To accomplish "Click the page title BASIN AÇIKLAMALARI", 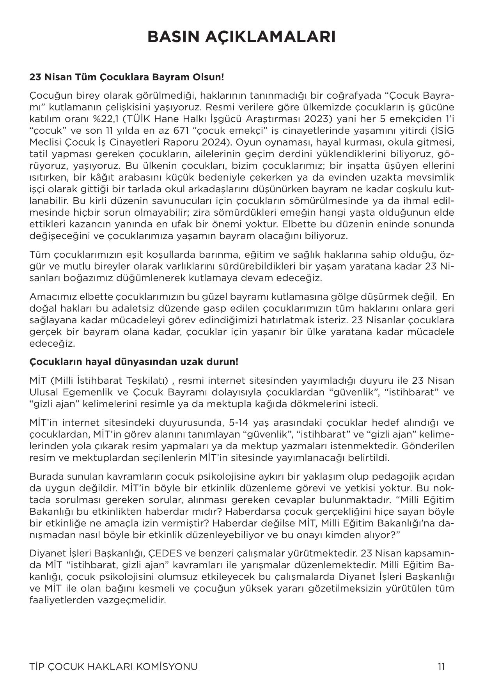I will coord(241,37).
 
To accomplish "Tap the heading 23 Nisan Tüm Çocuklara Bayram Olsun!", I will coord(127,77).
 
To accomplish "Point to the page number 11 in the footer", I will coord(441,666).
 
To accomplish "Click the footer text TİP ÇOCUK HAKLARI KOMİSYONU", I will coord(113,666).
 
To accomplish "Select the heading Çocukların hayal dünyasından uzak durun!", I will coord(134,361).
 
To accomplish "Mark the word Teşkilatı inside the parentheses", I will coord(147,380).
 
